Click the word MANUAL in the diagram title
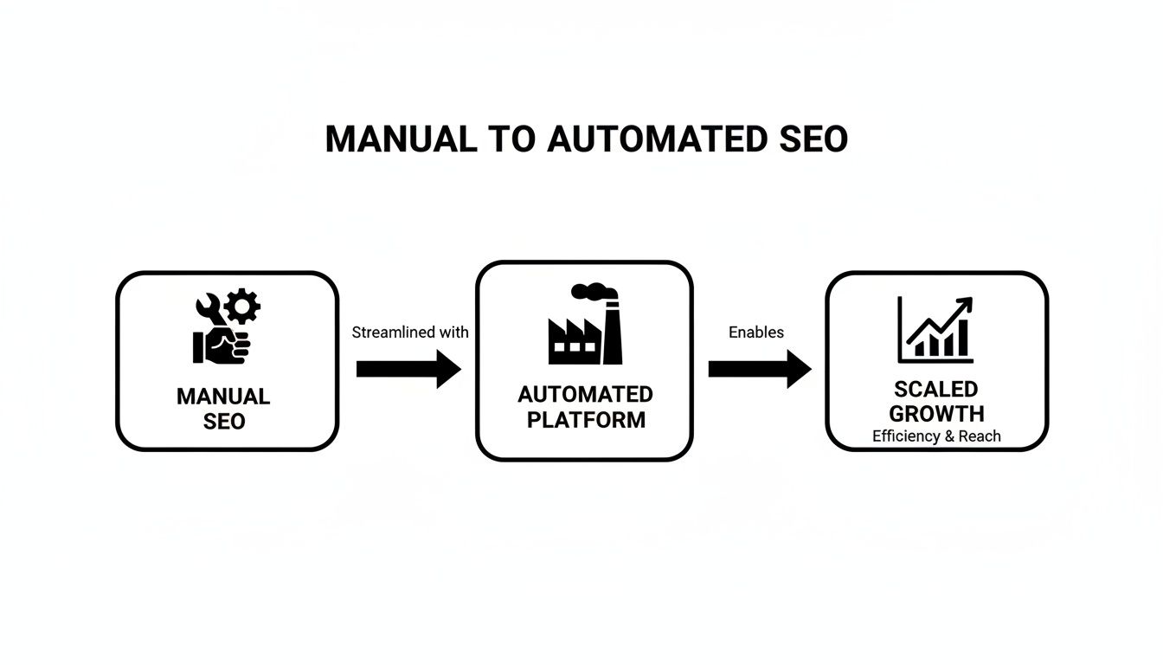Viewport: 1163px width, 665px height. [401, 139]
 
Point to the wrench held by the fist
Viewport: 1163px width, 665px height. [210, 310]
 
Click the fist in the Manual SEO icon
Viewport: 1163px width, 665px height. [223, 344]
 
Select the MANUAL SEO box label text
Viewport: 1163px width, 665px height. [223, 409]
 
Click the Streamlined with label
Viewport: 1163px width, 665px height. [410, 332]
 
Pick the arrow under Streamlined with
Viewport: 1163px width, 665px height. [408, 369]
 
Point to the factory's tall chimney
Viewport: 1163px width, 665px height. [612, 332]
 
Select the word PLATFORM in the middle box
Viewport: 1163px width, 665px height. [586, 420]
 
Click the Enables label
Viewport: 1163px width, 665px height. [755, 332]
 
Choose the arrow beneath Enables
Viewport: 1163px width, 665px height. [759, 369]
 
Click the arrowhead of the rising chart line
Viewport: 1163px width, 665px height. [964, 304]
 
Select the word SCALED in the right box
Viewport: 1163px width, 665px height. [936, 389]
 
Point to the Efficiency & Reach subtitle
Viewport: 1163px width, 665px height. [936, 436]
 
